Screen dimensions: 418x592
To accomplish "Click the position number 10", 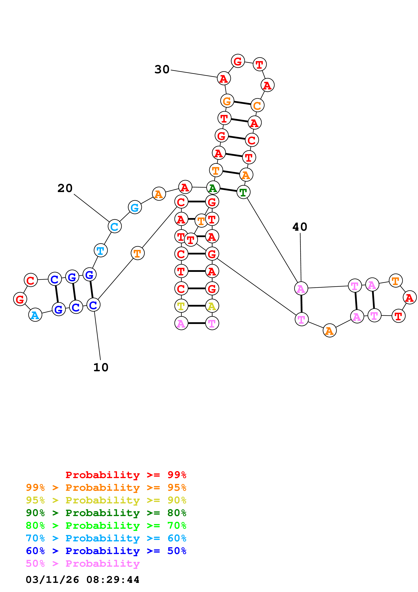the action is click(101, 367).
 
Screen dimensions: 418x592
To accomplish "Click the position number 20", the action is click(65, 188).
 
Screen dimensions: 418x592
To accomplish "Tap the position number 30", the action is click(162, 69).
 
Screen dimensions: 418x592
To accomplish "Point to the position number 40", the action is click(300, 227).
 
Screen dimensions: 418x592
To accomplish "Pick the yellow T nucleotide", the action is click(181, 306).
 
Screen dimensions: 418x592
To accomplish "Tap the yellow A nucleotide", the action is click(212, 306).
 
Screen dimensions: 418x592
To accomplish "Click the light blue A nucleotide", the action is click(35, 315).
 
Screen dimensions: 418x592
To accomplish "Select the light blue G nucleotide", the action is click(135, 207).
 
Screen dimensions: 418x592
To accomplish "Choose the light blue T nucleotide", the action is click(100, 250).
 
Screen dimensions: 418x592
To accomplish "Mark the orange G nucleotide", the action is click(227, 101).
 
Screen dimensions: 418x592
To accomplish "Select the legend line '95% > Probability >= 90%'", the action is click(106, 500).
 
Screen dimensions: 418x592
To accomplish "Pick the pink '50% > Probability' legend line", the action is click(83, 563).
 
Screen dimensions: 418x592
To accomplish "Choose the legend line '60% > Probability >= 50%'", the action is click(106, 551).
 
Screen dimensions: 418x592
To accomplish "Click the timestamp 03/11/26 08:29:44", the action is click(82, 580).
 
